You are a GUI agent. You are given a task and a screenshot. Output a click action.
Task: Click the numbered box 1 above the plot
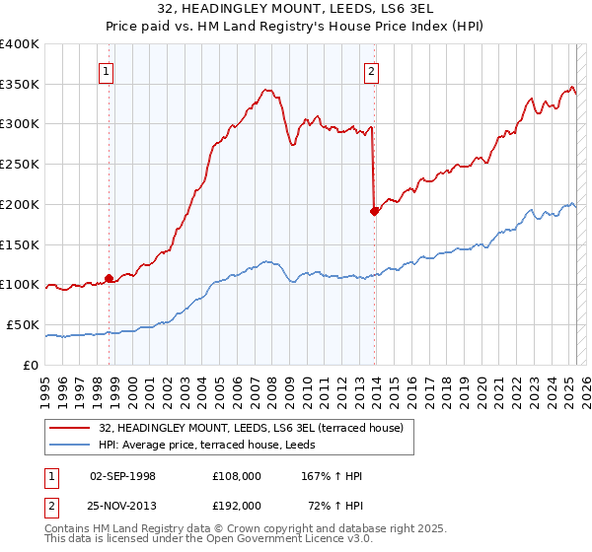pyautogui.click(x=105, y=70)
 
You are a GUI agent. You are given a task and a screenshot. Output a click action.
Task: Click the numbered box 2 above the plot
pyautogui.click(x=372, y=70)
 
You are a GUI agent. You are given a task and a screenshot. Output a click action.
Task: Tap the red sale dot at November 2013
pyautogui.click(x=374, y=210)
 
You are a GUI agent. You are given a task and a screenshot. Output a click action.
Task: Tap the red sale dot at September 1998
pyautogui.click(x=109, y=278)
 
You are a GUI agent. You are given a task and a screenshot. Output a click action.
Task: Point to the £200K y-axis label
pyautogui.click(x=20, y=204)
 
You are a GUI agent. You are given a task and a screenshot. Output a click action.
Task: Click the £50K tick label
pyautogui.click(x=24, y=324)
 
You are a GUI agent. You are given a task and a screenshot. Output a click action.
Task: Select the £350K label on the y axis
pyautogui.click(x=20, y=84)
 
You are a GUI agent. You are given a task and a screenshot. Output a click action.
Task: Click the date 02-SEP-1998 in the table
pyautogui.click(x=122, y=476)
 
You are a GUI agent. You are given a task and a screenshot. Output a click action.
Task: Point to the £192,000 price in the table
pyautogui.click(x=237, y=505)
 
